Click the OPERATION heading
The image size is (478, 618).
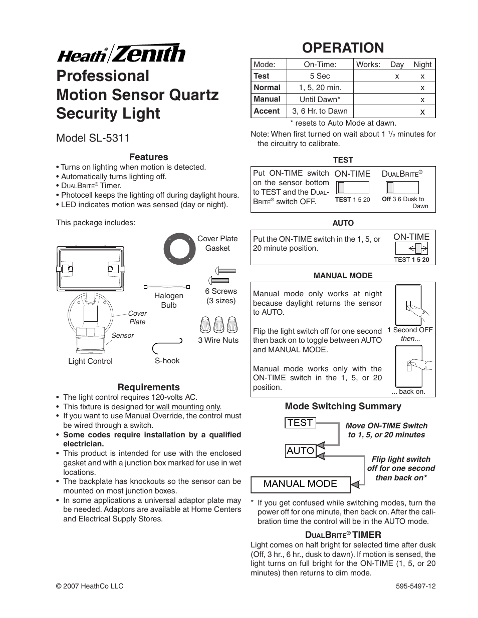343,48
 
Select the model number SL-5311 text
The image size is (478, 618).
93,138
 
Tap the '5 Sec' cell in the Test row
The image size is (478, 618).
320,76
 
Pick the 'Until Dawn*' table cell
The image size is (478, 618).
320,99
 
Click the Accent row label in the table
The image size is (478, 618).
267,111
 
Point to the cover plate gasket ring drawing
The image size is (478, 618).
179,248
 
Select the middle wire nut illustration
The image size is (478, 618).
218,325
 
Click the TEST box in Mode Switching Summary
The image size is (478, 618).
300,423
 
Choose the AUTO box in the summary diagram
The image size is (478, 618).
300,451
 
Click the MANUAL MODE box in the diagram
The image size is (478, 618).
300,483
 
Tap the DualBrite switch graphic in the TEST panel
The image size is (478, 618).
402,187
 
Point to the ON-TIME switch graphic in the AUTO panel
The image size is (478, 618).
411,248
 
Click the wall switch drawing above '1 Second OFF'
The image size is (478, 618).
408,305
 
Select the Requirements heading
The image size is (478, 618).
148,387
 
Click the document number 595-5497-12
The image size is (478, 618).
415,586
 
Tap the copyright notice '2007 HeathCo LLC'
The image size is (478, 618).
90,586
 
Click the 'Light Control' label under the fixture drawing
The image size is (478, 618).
90,361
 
